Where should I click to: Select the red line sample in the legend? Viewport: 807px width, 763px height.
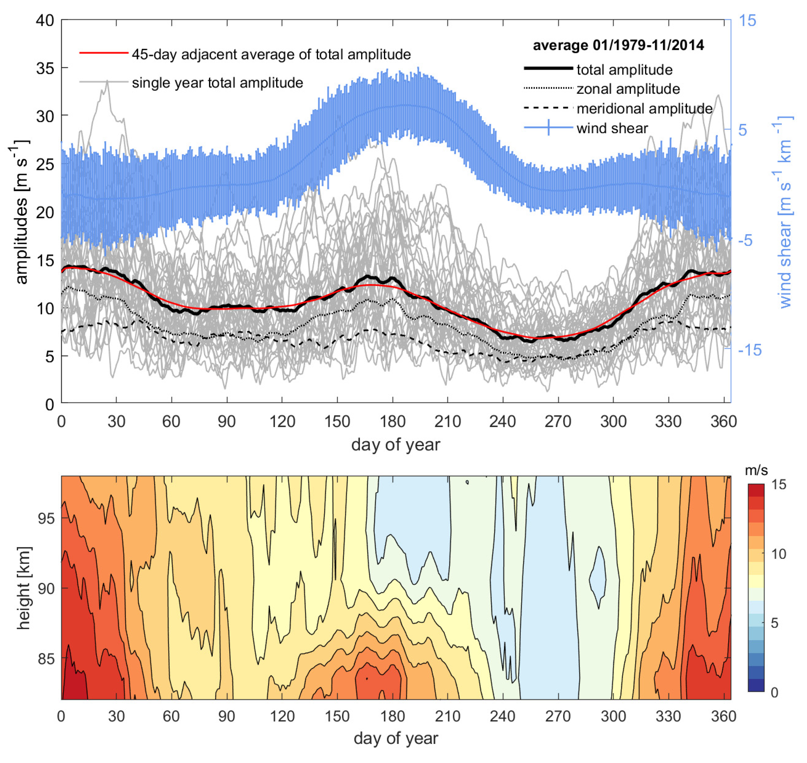coord(104,53)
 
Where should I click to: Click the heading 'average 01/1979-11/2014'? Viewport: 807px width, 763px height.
coord(618,45)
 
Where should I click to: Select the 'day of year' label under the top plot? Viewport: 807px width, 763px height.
coord(395,445)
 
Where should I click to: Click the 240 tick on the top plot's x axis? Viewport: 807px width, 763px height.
coord(502,421)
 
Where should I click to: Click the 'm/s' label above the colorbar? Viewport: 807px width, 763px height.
coord(756,471)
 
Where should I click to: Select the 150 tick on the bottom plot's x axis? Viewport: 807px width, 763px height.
coord(337,716)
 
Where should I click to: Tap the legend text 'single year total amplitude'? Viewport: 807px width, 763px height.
coord(217,83)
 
